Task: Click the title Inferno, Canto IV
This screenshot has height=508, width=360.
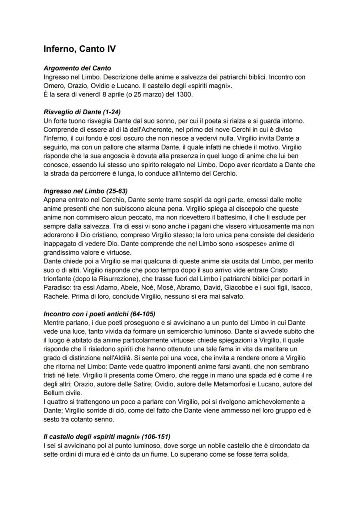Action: tap(80, 49)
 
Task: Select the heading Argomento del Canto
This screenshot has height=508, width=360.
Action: tap(77, 68)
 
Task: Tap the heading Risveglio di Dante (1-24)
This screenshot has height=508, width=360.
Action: tap(82, 112)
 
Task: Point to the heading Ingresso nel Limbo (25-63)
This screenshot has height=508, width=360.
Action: tap(86, 191)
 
